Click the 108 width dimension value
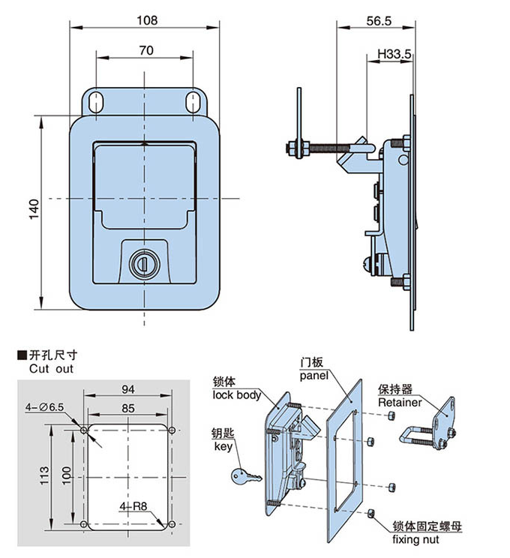147,20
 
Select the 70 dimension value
146,50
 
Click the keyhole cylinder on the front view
141,262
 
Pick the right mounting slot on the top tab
192,102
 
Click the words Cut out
52,370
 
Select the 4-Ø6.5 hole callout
45,406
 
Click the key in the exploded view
245,475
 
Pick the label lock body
236,394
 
